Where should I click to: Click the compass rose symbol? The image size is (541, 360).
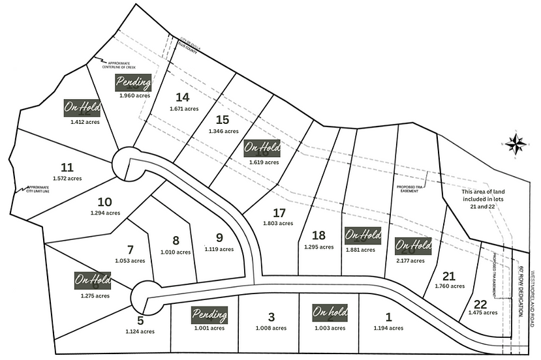click(x=516, y=143)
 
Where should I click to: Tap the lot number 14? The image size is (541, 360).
click(x=182, y=97)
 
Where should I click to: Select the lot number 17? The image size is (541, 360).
click(x=279, y=213)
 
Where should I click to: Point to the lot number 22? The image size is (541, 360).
click(x=480, y=304)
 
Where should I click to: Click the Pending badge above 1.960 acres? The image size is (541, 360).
click(x=134, y=83)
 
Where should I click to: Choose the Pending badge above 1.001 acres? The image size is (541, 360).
click(x=210, y=316)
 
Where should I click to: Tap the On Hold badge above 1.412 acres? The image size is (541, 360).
click(x=82, y=108)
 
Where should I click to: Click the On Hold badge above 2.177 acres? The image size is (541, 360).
click(x=413, y=246)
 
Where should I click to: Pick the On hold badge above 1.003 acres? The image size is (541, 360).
click(x=329, y=313)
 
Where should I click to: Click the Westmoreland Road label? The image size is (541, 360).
click(x=533, y=286)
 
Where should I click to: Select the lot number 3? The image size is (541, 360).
click(x=271, y=317)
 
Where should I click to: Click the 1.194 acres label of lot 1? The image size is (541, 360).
click(x=389, y=327)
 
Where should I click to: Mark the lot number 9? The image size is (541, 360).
click(x=219, y=237)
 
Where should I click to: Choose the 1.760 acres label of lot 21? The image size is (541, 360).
click(x=449, y=286)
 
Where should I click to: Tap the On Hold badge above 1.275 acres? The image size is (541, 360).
click(x=93, y=281)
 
